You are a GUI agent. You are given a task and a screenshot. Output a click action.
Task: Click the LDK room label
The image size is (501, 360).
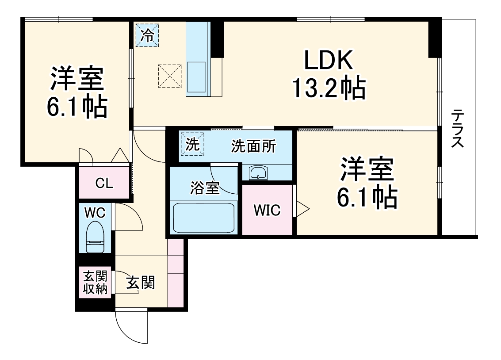(x=328, y=61)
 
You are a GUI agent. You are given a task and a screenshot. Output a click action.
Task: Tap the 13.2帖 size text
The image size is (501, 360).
(x=328, y=88)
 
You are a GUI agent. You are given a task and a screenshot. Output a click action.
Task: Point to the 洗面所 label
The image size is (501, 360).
(x=253, y=146)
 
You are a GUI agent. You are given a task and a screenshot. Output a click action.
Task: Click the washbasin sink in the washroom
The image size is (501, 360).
(x=257, y=173)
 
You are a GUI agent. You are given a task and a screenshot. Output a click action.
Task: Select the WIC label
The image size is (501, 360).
(x=267, y=211)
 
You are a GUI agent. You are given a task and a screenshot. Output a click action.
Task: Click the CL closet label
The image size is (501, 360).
(x=104, y=183)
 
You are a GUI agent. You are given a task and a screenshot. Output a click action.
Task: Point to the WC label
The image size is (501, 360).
(x=95, y=213)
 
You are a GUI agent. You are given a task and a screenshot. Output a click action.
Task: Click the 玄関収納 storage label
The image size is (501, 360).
(x=95, y=283)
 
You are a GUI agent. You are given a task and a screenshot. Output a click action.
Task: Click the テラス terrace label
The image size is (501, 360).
(x=458, y=129)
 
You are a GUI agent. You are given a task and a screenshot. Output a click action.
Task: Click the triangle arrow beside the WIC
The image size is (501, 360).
(x=303, y=209)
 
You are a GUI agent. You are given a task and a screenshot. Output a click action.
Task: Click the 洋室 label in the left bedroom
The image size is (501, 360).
(x=76, y=77)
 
